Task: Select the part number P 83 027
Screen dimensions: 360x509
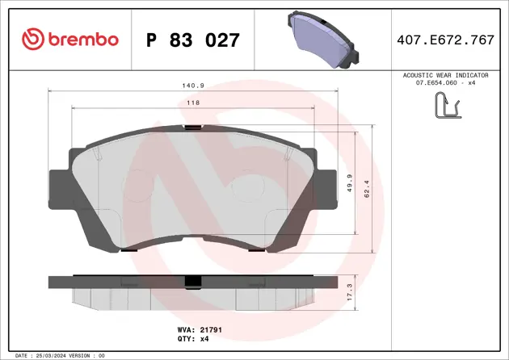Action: coord(192,39)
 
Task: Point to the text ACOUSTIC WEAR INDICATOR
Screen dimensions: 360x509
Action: coord(450,74)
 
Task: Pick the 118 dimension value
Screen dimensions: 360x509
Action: coord(193,103)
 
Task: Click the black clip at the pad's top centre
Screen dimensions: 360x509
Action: coord(192,127)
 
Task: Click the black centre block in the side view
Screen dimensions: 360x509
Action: coord(192,282)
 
